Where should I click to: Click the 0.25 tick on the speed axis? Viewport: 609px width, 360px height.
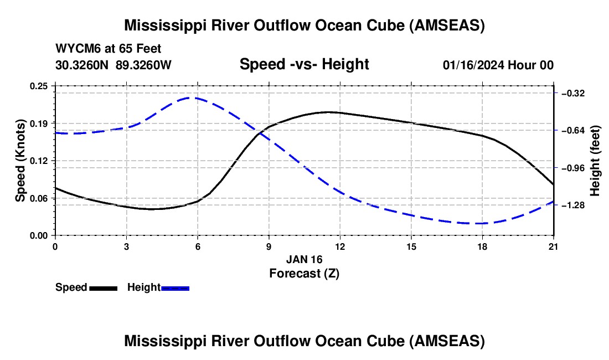39,86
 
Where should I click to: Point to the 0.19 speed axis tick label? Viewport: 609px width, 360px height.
39,124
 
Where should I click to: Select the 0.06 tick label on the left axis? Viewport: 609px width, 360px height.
39,198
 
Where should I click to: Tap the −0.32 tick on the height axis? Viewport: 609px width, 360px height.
573,93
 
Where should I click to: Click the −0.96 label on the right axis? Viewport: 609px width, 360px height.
573,168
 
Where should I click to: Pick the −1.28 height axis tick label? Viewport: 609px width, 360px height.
573,205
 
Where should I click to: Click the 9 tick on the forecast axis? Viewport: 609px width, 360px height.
269,246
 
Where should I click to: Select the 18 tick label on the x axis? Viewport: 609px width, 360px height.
482,246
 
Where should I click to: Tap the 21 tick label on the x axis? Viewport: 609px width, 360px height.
554,246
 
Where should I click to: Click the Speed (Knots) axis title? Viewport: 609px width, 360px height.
20,161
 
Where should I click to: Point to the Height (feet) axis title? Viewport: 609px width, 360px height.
595,161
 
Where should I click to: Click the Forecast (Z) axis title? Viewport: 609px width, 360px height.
304,274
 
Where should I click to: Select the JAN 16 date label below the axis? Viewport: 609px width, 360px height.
304,259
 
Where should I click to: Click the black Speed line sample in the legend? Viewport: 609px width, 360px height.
104,289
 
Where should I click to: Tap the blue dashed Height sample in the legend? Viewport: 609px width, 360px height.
175,289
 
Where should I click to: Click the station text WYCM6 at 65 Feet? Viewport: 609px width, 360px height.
109,49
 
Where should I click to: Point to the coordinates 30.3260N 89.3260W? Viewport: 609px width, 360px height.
113,65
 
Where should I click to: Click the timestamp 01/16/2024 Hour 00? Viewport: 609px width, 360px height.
498,65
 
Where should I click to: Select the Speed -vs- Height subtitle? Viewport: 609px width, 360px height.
304,64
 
